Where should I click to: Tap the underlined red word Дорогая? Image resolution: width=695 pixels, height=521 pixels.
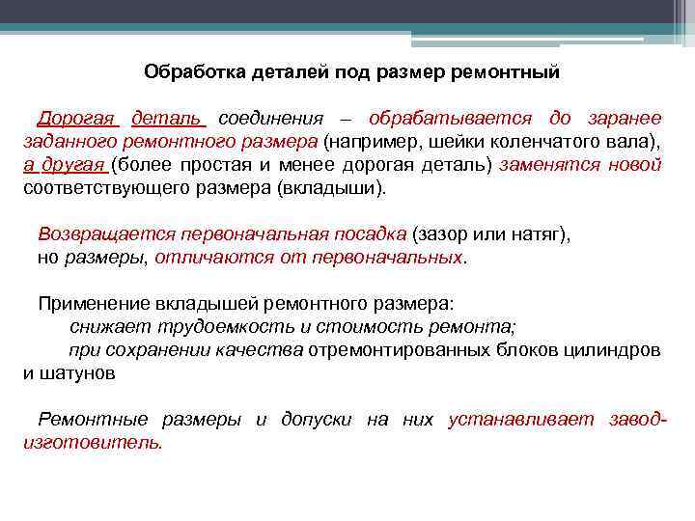(x=77, y=119)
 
